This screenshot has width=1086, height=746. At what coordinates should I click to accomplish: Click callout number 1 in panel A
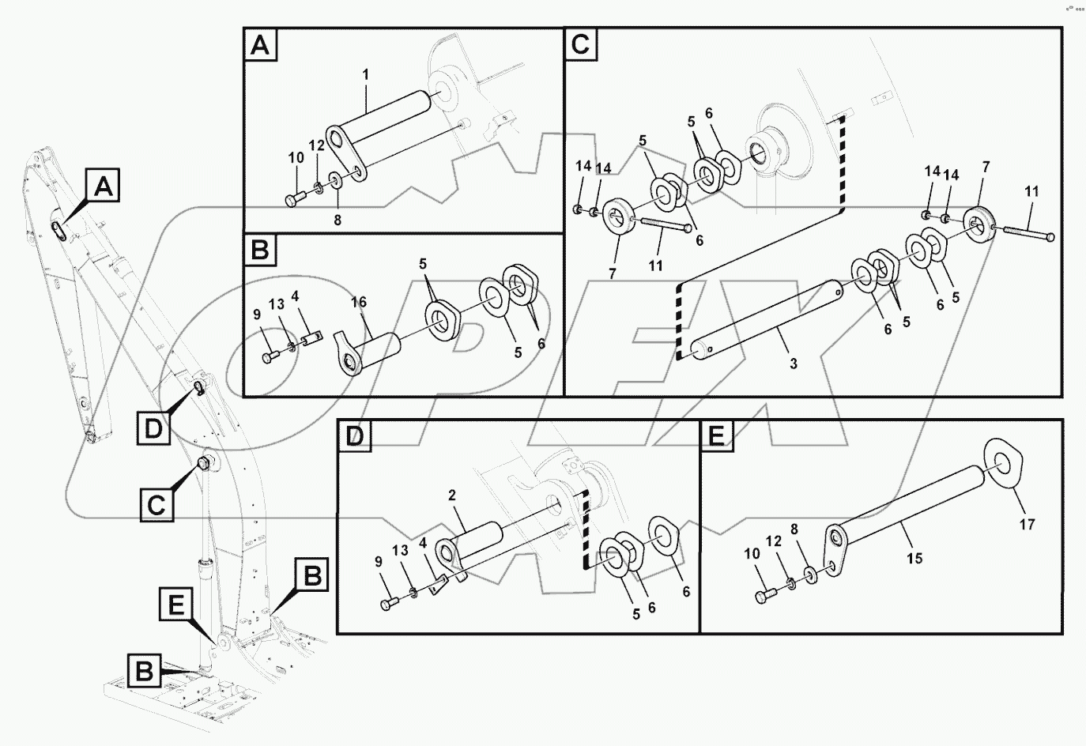click(366, 74)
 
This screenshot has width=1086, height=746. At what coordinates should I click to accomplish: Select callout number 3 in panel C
click(793, 364)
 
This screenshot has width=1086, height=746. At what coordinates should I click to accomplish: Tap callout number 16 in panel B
click(359, 303)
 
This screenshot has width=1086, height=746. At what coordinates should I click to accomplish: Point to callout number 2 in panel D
click(452, 495)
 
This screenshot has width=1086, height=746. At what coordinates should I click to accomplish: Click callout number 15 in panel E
click(914, 559)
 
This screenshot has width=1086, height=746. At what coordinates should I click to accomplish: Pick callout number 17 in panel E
click(1027, 524)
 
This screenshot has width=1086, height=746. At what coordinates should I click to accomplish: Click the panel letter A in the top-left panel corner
click(260, 46)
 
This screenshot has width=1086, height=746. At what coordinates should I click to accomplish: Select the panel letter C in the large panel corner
click(579, 44)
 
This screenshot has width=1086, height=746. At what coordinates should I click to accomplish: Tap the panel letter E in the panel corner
click(715, 435)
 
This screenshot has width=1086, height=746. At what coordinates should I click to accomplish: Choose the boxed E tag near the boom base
click(175, 606)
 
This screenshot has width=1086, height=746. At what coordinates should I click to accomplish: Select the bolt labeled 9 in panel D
click(387, 605)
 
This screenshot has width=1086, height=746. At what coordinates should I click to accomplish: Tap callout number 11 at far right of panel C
click(1031, 192)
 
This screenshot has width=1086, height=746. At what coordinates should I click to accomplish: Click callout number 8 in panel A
click(337, 221)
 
